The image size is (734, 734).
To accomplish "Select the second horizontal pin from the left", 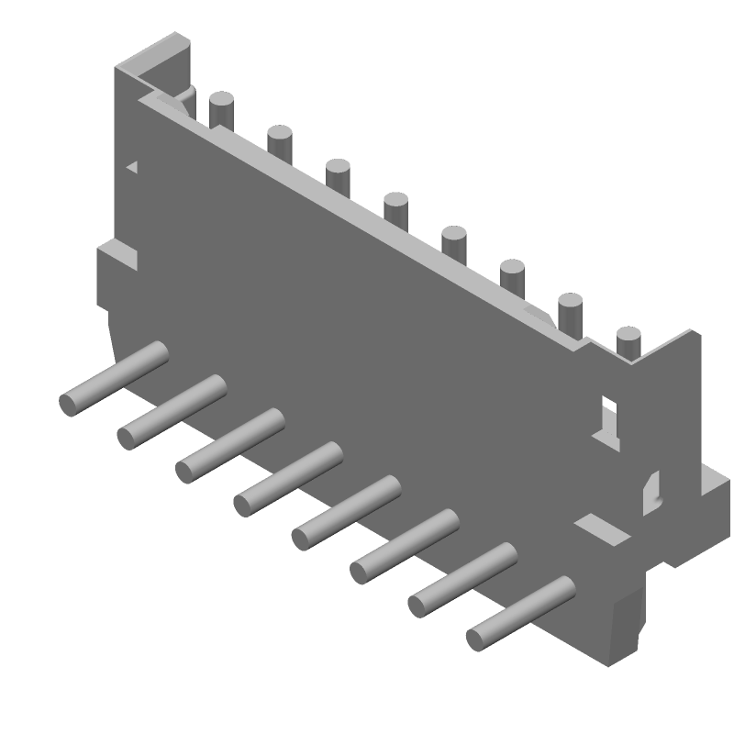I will click(172, 412).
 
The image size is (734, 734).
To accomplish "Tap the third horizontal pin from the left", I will click(229, 446).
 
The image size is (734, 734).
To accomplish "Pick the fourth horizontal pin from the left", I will click(287, 479).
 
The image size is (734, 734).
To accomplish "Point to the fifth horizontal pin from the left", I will click(346, 512).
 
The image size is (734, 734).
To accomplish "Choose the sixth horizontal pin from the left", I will click(404, 546).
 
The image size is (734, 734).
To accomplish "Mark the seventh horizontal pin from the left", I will click(462, 579).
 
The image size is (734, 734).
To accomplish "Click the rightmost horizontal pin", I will click(520, 613).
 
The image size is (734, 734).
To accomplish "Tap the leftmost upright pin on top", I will click(221, 109).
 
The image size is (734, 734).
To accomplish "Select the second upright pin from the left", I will click(279, 142).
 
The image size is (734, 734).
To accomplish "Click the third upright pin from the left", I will click(338, 175).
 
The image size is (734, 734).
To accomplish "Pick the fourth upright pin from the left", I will click(395, 208).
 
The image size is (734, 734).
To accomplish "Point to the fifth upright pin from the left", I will click(454, 242).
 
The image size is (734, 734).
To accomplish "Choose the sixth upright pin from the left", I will click(512, 276).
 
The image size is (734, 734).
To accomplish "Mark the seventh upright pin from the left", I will click(570, 312).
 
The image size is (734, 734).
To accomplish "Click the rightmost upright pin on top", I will click(628, 343).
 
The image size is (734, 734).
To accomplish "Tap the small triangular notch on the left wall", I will click(133, 167).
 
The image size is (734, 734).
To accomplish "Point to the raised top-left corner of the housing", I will click(165, 57).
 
